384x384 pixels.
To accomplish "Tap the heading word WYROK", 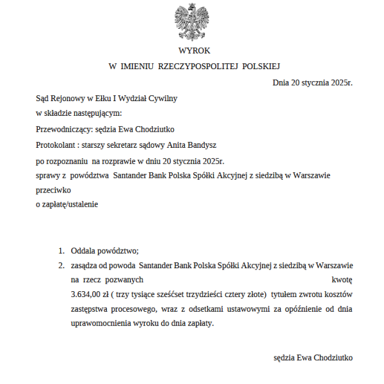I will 194,51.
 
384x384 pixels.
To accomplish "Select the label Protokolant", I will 56,145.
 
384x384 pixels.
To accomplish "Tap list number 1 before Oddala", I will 61,251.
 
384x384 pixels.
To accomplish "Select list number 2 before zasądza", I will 61,265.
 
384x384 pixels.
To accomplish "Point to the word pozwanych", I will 124,280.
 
